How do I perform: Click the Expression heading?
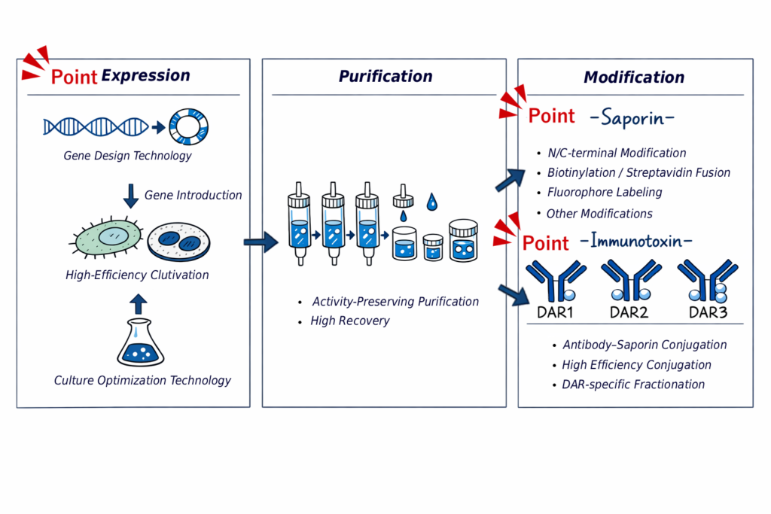point(145,75)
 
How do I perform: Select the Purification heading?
point(385,76)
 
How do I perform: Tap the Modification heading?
point(634,77)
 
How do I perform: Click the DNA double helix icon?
point(95,126)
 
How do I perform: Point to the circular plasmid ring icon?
point(188,126)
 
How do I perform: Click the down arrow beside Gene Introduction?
point(131,196)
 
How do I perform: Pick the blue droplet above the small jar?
point(432,202)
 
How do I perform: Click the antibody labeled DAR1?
point(556,281)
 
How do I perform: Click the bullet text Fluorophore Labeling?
point(605,192)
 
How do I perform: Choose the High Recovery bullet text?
point(350,321)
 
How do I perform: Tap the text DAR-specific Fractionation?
point(633,385)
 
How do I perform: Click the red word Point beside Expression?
point(74,77)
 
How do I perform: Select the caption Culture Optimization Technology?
point(142,380)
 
